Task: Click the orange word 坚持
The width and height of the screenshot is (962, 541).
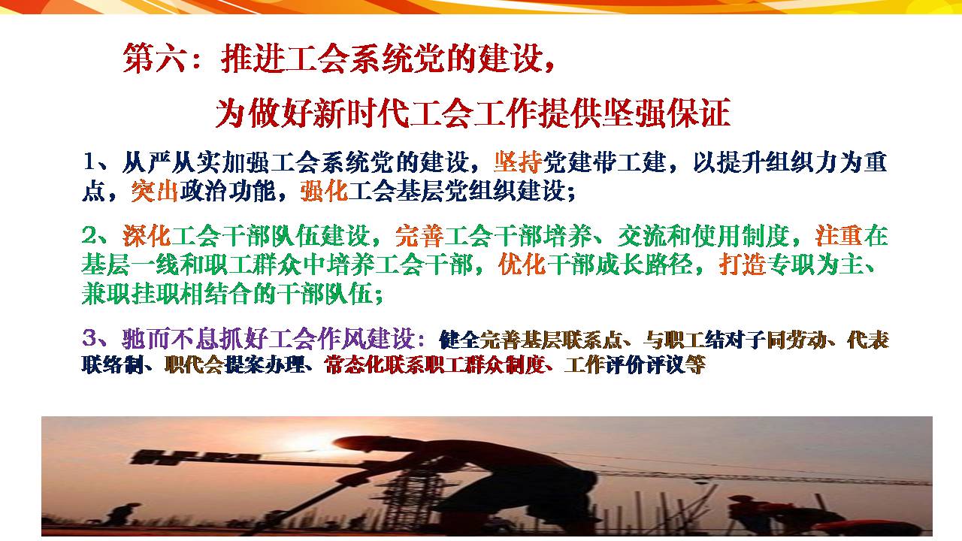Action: pyautogui.click(x=518, y=162)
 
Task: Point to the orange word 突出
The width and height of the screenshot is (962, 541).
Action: pyautogui.click(x=155, y=191)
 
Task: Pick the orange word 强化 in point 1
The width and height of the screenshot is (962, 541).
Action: pyautogui.click(x=324, y=191)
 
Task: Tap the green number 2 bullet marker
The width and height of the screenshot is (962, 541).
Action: pyautogui.click(x=89, y=235)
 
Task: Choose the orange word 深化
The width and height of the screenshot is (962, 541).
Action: pyautogui.click(x=147, y=236)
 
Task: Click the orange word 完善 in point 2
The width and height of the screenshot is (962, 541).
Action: pyautogui.click(x=419, y=236)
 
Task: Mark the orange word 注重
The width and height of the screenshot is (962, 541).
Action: pyautogui.click(x=839, y=236)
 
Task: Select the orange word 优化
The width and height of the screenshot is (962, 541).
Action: pyautogui.click(x=522, y=264)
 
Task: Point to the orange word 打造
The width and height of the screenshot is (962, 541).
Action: pyautogui.click(x=743, y=264)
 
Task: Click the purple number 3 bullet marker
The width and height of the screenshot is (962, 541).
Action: pyautogui.click(x=89, y=338)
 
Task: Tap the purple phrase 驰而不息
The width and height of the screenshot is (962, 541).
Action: pyautogui.click(x=171, y=339)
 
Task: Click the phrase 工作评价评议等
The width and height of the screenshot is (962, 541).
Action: pyautogui.click(x=635, y=365)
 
